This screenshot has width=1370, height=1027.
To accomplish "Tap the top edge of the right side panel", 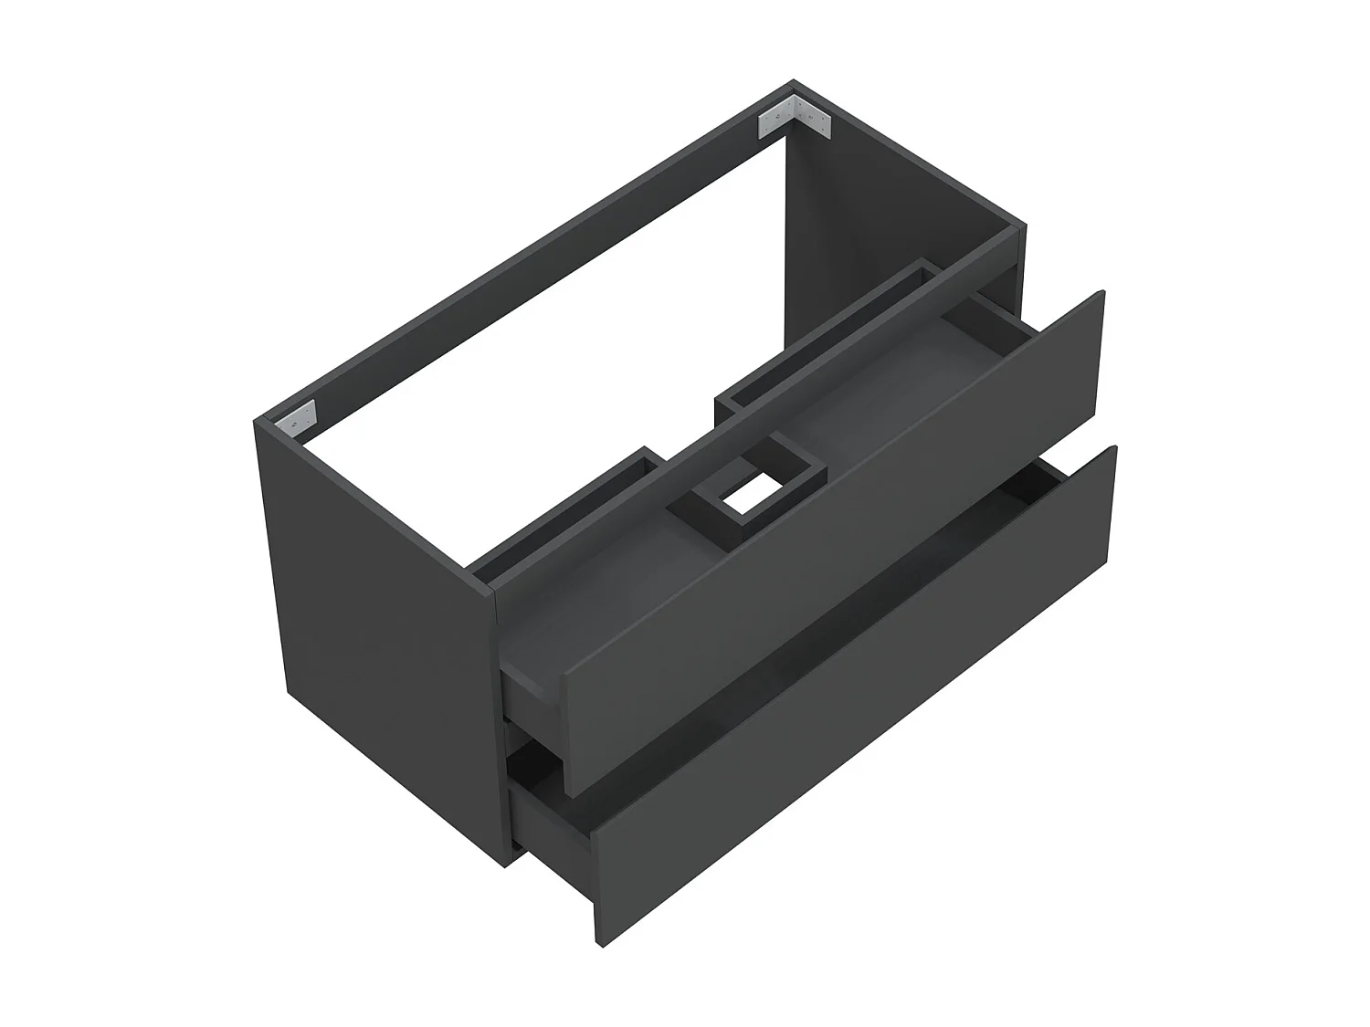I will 913,164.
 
